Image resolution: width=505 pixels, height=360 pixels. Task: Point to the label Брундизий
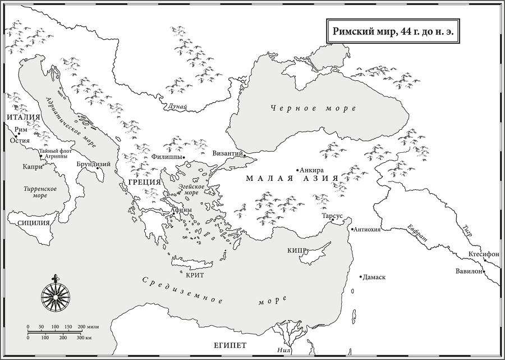[93, 164]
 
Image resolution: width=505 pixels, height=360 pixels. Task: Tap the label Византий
[227, 153]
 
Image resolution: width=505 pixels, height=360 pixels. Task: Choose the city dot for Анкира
[297, 170]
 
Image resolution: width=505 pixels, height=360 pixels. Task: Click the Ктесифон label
[483, 254]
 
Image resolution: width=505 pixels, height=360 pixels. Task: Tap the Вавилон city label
[469, 272]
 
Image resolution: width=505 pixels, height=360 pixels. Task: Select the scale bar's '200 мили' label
[89, 327]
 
